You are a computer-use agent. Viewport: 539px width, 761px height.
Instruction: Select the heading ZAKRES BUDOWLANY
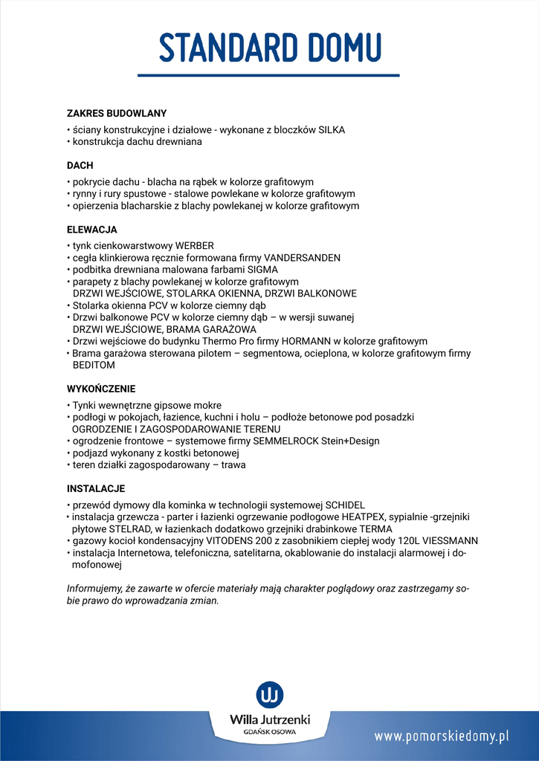(x=117, y=114)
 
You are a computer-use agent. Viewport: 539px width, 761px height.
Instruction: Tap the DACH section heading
(x=80, y=166)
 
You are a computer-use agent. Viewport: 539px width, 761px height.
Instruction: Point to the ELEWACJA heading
(x=92, y=230)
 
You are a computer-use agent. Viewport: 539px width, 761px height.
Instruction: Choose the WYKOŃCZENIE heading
(x=101, y=389)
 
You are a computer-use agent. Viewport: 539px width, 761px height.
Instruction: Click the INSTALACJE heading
(x=96, y=489)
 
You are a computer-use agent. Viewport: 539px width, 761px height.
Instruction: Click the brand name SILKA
(x=332, y=129)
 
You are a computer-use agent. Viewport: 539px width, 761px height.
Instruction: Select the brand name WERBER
(x=194, y=246)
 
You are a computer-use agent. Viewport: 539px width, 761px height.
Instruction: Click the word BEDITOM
(x=94, y=366)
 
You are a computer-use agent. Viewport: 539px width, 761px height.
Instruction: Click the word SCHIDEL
(x=345, y=505)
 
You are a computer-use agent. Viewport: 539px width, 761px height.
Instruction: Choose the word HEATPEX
(x=367, y=516)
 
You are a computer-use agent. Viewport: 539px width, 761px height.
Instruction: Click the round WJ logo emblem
(x=270, y=694)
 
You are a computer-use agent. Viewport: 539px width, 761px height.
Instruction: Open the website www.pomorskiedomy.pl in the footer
(x=442, y=736)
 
